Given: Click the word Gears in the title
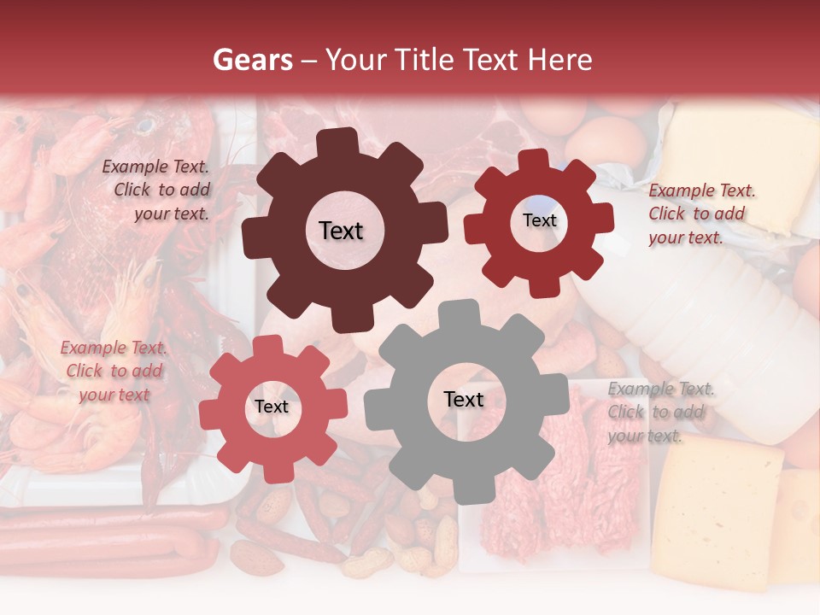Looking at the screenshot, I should [x=252, y=60].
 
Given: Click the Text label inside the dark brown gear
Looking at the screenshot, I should [x=341, y=231].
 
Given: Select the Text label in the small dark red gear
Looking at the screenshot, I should [x=539, y=220].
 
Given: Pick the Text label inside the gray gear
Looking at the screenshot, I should [x=463, y=399].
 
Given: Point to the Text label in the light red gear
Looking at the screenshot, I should [x=272, y=407].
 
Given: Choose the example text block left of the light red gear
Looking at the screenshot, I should [x=114, y=371].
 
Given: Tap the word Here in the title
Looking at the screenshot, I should [x=560, y=60].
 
